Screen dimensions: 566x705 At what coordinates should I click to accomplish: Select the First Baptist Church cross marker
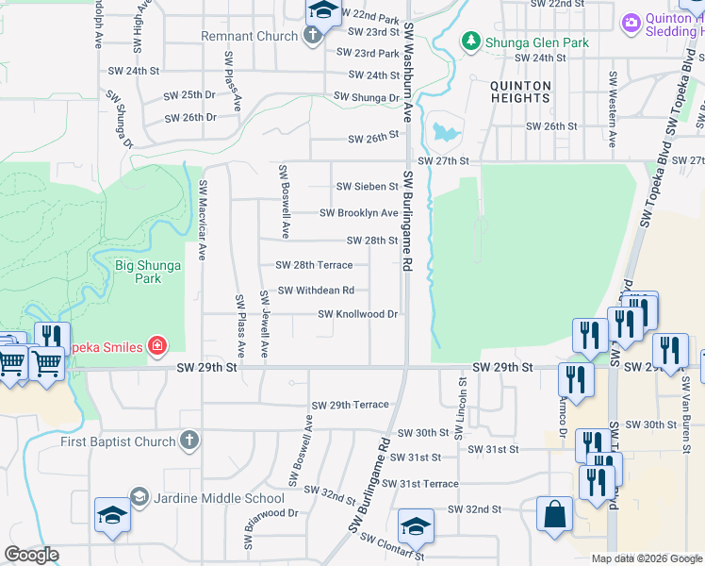[189, 441]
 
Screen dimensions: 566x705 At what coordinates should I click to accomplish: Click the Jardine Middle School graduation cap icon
[139, 497]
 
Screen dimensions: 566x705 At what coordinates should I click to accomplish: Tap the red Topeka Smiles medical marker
[156, 346]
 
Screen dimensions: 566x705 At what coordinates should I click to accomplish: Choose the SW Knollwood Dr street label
[357, 314]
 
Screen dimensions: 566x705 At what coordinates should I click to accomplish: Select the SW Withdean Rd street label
[316, 291]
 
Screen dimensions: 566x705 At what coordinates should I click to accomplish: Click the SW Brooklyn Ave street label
[358, 213]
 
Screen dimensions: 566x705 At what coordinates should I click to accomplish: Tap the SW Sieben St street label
[367, 187]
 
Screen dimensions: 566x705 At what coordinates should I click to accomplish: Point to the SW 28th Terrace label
[314, 265]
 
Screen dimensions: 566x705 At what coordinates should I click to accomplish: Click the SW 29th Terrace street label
[344, 405]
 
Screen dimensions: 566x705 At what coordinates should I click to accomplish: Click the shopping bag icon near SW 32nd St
[554, 515]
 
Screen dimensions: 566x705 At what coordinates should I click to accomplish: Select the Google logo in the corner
[31, 555]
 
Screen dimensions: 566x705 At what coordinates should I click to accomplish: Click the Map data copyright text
[646, 558]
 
